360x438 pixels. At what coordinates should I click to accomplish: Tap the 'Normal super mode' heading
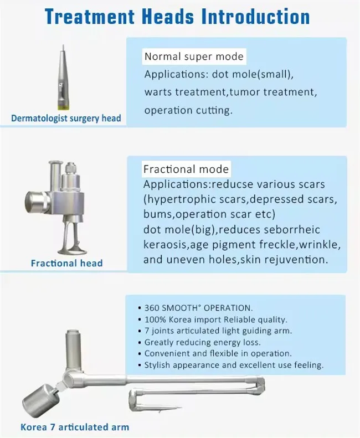click(193, 56)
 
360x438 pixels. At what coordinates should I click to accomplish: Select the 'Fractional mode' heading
click(186, 169)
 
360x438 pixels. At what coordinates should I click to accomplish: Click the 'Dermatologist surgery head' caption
click(66, 118)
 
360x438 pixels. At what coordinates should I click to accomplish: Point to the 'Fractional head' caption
click(66, 263)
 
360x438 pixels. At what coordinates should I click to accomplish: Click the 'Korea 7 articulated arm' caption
click(75, 427)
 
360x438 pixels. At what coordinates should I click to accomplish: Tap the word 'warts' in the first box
click(157, 92)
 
